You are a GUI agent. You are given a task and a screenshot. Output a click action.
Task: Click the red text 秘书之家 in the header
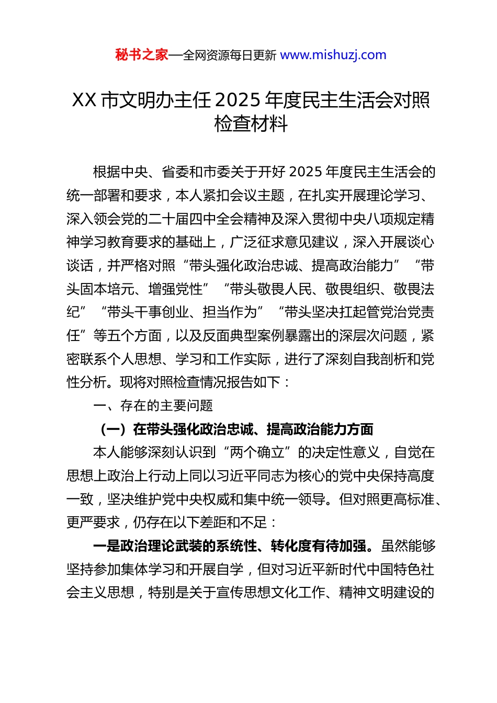(x=142, y=55)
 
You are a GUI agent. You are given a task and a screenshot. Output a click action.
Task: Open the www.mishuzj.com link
(x=333, y=55)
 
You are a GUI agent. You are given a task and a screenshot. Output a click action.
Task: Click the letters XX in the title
(x=84, y=100)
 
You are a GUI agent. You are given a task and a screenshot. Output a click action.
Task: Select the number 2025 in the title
(x=238, y=100)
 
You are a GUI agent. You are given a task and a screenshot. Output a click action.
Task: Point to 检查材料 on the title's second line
(x=251, y=124)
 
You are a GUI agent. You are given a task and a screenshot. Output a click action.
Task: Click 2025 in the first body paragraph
(x=305, y=172)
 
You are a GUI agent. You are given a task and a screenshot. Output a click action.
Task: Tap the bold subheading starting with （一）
(x=236, y=429)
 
